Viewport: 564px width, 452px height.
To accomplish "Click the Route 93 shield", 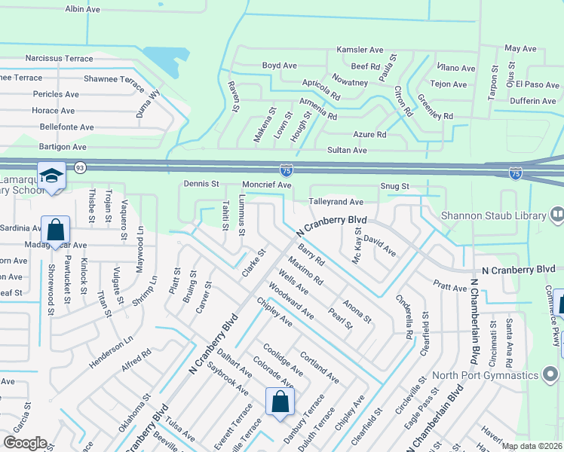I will [x=80, y=167].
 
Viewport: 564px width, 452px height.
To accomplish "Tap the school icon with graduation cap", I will [x=52, y=176].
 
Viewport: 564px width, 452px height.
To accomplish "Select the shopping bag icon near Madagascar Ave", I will [x=55, y=229].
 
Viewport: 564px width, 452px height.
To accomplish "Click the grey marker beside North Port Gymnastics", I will [x=552, y=374].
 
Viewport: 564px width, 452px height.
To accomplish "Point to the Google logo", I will [x=25, y=443].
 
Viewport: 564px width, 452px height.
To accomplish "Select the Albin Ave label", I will [x=82, y=9].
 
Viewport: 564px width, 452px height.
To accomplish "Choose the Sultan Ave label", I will [x=347, y=151].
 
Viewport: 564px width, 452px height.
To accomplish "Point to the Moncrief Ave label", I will [x=266, y=185].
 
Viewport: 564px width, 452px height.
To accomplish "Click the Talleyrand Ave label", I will [x=336, y=202].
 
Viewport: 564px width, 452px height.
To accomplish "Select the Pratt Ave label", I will [x=450, y=287].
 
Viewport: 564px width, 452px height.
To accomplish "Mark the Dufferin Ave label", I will [x=533, y=101].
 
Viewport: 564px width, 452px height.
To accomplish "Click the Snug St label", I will [x=394, y=186].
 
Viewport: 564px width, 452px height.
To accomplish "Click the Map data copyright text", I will [x=531, y=446].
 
